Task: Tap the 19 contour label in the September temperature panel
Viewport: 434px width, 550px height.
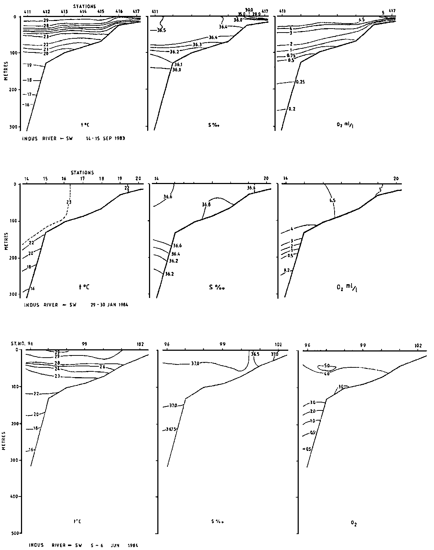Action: (x=29, y=65)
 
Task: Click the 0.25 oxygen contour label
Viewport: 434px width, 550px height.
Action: (x=300, y=82)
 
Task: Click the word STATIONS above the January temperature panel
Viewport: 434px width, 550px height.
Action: (x=82, y=173)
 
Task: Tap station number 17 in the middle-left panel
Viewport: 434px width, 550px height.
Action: (x=82, y=179)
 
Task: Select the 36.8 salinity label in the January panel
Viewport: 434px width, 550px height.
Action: (x=206, y=205)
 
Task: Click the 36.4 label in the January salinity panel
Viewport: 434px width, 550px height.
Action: (x=175, y=254)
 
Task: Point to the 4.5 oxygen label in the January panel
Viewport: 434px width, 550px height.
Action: (x=333, y=209)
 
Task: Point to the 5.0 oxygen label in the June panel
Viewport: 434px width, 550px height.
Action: (x=326, y=366)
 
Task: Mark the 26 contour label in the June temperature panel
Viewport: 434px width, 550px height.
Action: (x=102, y=367)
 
